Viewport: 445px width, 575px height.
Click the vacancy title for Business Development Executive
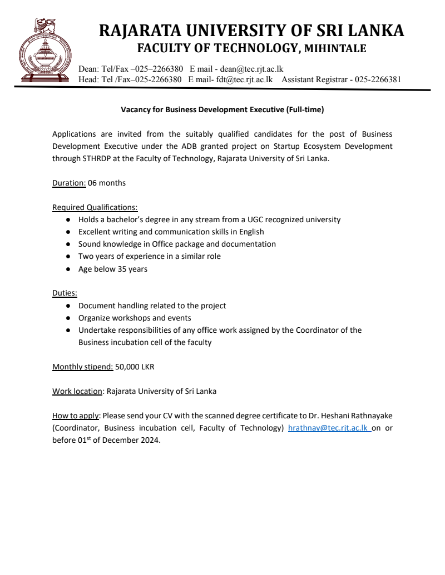[222, 110]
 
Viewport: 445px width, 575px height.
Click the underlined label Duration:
[69, 183]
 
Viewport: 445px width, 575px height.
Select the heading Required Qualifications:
[95, 207]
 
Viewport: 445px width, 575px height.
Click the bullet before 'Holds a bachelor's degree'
[67, 220]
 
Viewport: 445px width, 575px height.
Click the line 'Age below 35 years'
[113, 269]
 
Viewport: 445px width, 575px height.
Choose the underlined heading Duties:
[65, 293]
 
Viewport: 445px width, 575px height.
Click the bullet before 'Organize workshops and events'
[67, 318]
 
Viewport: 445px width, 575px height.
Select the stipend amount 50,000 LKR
[135, 367]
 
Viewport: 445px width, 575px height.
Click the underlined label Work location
[77, 391]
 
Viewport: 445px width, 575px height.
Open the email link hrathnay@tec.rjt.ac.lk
[329, 428]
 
